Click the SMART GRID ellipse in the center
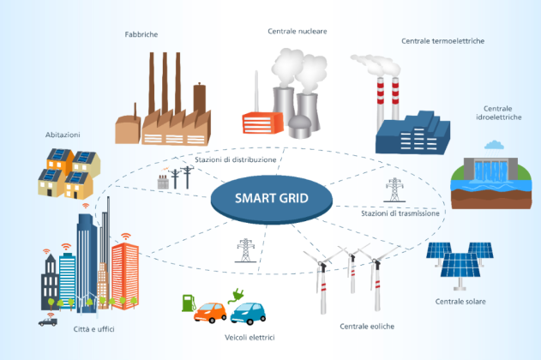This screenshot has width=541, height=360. click(272, 200)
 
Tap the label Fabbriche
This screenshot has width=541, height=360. click(141, 34)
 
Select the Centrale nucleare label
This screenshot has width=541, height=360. click(297, 32)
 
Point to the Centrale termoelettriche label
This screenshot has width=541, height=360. click(442, 41)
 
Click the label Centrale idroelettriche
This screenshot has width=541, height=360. click(498, 113)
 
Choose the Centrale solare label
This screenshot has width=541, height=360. click(460, 302)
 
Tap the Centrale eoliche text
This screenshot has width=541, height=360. click(367, 327)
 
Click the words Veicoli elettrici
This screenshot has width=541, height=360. click(249, 338)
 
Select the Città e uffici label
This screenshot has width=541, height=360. click(93, 329)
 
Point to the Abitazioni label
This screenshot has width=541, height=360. click(63, 135)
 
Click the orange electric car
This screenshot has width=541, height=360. click(210, 312)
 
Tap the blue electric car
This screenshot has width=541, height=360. click(248, 314)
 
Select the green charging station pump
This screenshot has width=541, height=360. click(189, 303)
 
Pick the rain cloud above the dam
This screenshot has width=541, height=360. click(494, 145)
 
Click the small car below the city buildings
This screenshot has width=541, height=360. click(48, 322)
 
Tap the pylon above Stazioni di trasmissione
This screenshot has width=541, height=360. click(394, 190)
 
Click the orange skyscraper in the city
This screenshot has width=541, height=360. click(125, 275)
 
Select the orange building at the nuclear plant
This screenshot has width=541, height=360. click(262, 123)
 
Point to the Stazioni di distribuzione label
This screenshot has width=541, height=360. click(235, 160)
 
